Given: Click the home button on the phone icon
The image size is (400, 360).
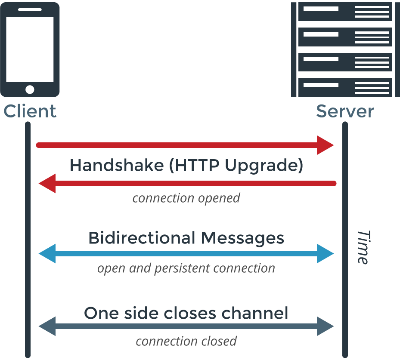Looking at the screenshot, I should coord(30,89).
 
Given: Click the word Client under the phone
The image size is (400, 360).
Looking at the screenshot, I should coord(30,111).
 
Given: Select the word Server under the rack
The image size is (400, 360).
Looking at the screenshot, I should coord(344,111).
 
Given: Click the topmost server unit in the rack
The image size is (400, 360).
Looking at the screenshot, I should coord(344,12).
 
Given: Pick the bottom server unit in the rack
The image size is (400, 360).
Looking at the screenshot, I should coord(344,87).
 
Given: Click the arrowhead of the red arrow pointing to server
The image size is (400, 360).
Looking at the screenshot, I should coord(326,145).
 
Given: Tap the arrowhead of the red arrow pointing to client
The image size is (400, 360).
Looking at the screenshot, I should coord(47,184).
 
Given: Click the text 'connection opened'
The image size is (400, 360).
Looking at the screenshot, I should coord(186,198).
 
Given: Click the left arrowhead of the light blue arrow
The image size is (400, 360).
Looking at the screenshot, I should coord(47,254).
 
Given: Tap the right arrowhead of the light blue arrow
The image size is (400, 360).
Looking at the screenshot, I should coord(326,254).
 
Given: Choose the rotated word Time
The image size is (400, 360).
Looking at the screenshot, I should coord(363,247).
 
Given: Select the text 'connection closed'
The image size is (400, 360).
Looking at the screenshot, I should coord(186,341).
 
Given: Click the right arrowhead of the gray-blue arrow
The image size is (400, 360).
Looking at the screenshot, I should coord(326,326).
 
